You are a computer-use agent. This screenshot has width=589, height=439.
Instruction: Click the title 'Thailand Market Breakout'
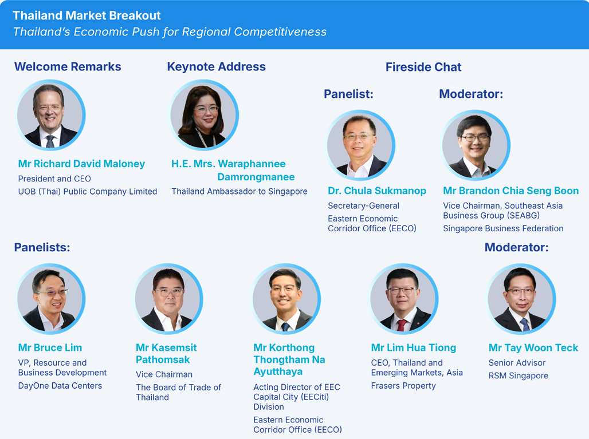pyautogui.click(x=87, y=15)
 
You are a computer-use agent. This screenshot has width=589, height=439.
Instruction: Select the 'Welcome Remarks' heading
pyautogui.click(x=68, y=66)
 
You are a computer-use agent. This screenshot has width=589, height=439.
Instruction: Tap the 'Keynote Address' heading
pyautogui.click(x=217, y=66)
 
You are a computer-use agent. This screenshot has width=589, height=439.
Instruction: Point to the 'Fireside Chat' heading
pyautogui.click(x=423, y=67)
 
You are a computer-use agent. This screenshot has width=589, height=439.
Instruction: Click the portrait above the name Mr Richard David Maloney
pyautogui.click(x=51, y=114)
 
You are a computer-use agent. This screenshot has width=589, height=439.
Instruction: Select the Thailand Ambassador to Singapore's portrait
pyautogui.click(x=204, y=114)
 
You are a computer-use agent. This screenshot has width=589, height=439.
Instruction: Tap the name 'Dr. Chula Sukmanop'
pyautogui.click(x=377, y=191)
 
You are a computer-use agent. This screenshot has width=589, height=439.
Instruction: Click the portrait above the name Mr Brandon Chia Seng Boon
pyautogui.click(x=476, y=145)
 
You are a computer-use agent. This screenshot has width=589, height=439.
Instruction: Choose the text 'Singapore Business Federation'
pyautogui.click(x=504, y=228)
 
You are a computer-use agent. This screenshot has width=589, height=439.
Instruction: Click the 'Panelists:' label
pyautogui.click(x=42, y=247)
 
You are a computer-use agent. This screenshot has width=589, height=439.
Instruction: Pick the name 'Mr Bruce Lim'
pyautogui.click(x=50, y=347)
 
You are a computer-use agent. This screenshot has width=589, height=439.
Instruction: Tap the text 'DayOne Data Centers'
pyautogui.click(x=60, y=386)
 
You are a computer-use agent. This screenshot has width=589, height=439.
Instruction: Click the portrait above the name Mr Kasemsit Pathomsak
pyautogui.click(x=168, y=299)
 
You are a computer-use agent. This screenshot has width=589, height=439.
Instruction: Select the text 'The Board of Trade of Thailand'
pyautogui.click(x=178, y=392)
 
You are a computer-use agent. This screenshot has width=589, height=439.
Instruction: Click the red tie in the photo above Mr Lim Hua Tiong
pyautogui.click(x=402, y=325)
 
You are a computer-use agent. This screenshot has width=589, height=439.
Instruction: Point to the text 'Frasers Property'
pyautogui.click(x=403, y=386)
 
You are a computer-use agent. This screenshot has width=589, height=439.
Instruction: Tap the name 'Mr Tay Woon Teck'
pyautogui.click(x=533, y=347)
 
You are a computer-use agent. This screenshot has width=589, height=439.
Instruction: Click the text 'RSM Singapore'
pyautogui.click(x=519, y=375)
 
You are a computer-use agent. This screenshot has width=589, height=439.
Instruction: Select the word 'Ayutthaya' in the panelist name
pyautogui.click(x=278, y=371)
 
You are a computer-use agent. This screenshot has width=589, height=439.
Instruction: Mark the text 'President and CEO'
pyautogui.click(x=54, y=179)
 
